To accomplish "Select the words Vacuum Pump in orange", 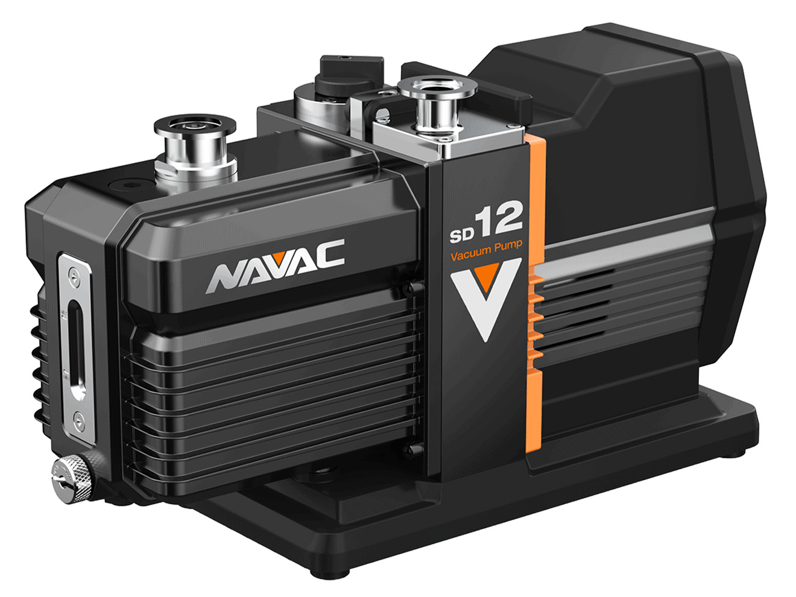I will (486, 251).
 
